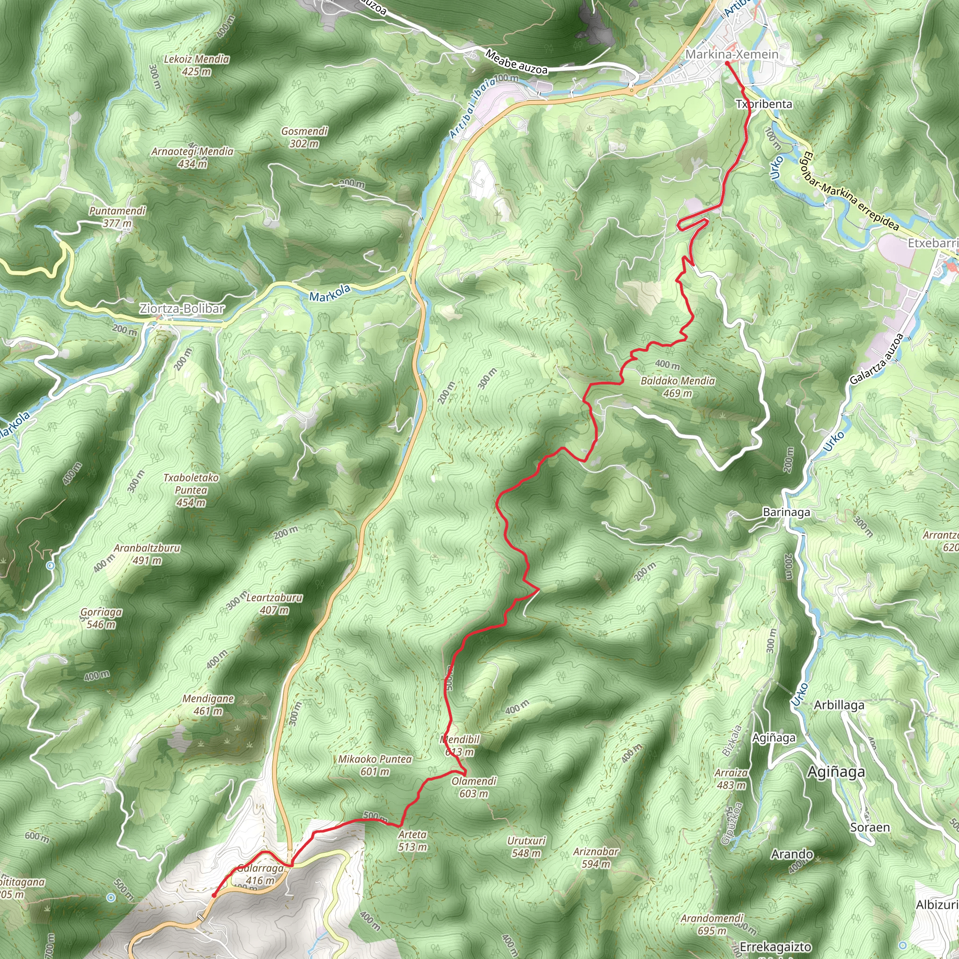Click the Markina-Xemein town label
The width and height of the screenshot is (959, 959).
click(x=732, y=54)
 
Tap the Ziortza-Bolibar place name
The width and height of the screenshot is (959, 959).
click(x=182, y=309)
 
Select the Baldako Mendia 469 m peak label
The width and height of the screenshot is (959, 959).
click(x=678, y=387)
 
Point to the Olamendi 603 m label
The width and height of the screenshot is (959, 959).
click(x=474, y=787)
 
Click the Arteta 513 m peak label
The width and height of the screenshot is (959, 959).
click(x=412, y=841)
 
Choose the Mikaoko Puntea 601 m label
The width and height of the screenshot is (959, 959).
click(x=375, y=765)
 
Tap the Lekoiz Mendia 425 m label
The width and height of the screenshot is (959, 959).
click(x=197, y=65)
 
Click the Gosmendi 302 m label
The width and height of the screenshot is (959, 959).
click(x=304, y=138)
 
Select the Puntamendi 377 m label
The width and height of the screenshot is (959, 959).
click(x=117, y=217)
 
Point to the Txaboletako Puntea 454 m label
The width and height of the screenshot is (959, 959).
click(x=191, y=490)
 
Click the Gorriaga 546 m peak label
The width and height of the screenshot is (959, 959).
click(x=101, y=618)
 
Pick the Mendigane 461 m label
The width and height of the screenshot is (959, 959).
click(x=208, y=705)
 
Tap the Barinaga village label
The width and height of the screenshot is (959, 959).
click(x=786, y=512)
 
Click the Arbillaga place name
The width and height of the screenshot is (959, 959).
click(x=839, y=705)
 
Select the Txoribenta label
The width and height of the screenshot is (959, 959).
click(x=764, y=104)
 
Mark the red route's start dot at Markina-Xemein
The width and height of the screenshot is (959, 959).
click(x=727, y=64)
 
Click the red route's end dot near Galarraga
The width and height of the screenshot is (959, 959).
click(x=214, y=895)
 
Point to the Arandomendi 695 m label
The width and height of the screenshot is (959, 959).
click(x=712, y=924)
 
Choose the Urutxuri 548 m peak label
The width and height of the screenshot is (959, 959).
click(x=526, y=847)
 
